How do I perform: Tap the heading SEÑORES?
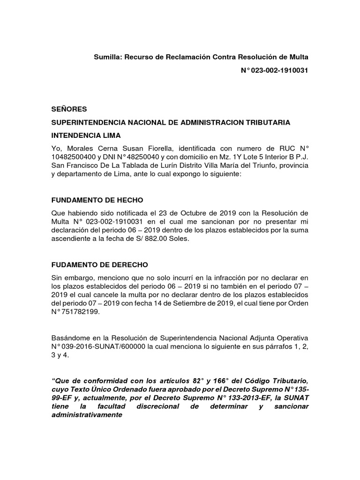[x=69, y=109]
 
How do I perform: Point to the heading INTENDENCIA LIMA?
[x=86, y=135]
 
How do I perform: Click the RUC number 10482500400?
[x=75, y=158]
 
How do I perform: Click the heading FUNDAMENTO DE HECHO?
[x=97, y=199]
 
